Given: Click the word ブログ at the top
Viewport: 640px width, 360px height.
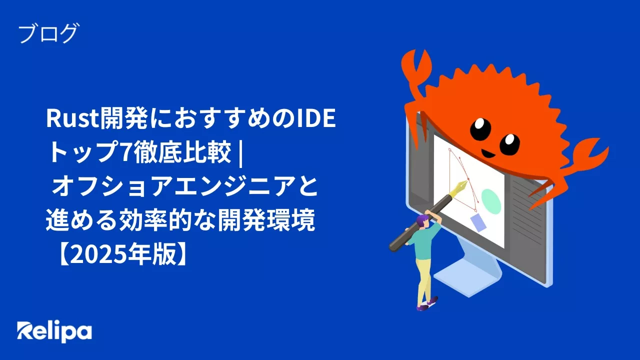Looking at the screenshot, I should [x=48, y=34].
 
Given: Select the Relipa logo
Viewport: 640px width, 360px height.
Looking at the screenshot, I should [x=54, y=331].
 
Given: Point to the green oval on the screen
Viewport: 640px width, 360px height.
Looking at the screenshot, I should [x=491, y=201].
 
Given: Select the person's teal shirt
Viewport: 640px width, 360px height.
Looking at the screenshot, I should [x=424, y=242].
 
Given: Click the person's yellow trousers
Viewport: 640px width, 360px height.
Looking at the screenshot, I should [x=424, y=280].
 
